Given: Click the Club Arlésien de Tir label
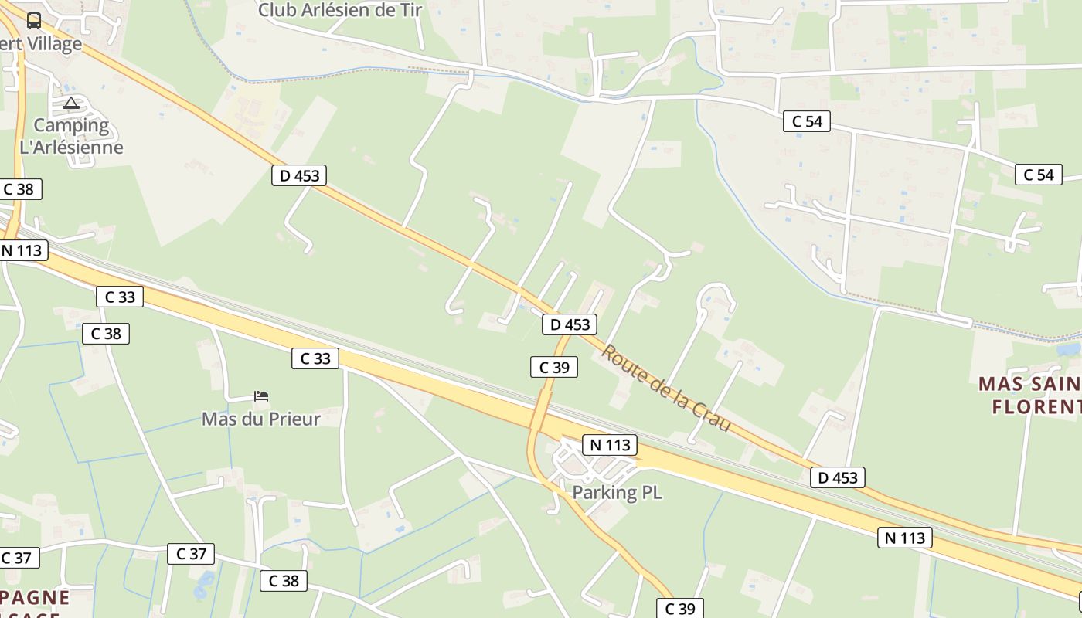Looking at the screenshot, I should point(340,10).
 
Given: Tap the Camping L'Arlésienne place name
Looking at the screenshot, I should point(71,136).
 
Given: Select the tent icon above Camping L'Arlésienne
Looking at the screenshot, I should point(71,103).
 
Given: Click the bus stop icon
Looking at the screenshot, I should point(33,21).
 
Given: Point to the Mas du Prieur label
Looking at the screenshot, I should point(260,419).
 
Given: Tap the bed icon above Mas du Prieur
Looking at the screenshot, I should point(261,397).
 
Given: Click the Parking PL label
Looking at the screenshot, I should point(617,492).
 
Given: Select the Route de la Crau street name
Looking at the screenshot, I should point(666,388).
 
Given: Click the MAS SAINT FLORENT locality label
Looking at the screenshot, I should point(1032,395).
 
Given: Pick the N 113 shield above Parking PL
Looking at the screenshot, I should point(610,445).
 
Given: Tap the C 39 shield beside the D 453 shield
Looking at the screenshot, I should point(554,368).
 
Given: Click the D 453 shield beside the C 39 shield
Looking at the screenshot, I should point(570,325).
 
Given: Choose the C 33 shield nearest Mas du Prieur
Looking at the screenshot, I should point(315,358).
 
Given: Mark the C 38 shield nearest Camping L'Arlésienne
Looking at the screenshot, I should point(19,189).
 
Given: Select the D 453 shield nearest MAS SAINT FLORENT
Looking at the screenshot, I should point(838,477).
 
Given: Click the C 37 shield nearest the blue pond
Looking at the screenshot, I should point(190,554).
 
